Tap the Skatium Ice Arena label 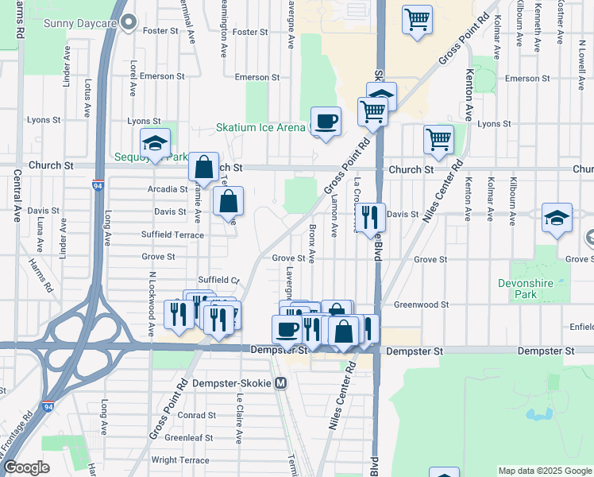[260, 127]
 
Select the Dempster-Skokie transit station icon [280, 383]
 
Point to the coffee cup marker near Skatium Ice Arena [326, 122]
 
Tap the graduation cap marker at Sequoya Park [155, 144]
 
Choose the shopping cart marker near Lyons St [438, 140]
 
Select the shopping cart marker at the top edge [417, 19]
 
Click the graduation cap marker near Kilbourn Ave [557, 218]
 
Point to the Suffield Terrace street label [172, 235]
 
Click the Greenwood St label [422, 304]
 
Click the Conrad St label [198, 415]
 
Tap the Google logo [26, 468]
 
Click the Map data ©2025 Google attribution [544, 471]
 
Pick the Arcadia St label [167, 189]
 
